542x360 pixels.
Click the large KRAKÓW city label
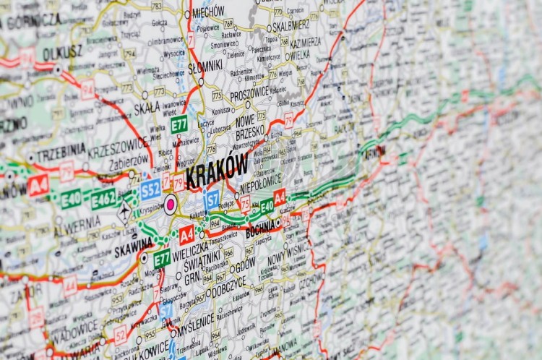[x=217, y=171]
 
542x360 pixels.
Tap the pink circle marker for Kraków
[x=171, y=204]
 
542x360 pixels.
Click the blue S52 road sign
[x=150, y=189]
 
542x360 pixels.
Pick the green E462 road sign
[x=103, y=198]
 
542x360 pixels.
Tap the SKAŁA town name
[x=147, y=109]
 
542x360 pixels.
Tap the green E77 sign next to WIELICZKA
[x=162, y=258]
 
